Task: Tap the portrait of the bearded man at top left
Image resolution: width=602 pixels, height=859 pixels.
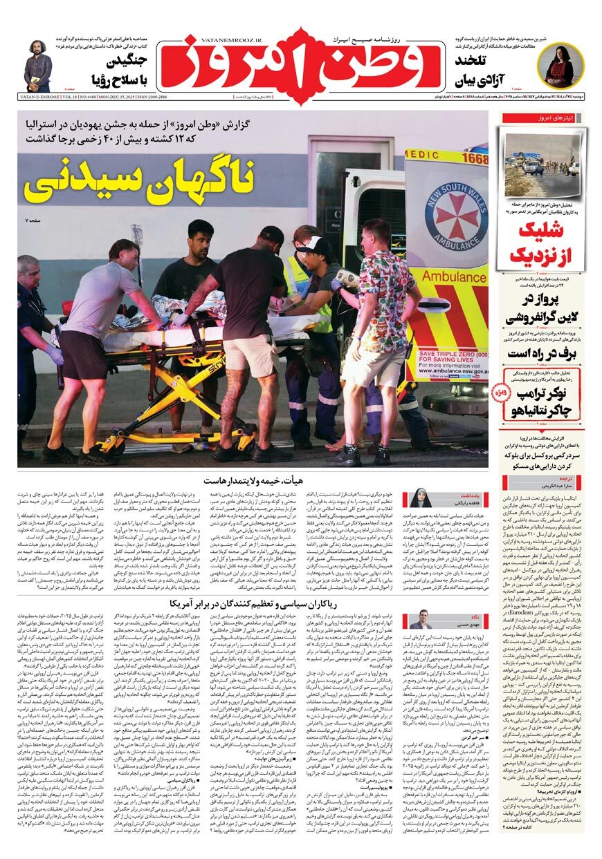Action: point(38,65)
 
